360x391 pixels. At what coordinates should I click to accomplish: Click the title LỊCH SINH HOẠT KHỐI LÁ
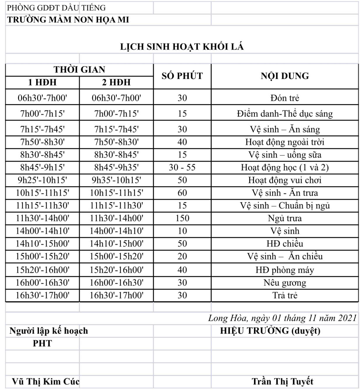click(x=182, y=47)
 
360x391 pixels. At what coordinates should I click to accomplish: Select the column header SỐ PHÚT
click(x=182, y=76)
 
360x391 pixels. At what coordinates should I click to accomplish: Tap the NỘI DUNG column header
click(x=285, y=76)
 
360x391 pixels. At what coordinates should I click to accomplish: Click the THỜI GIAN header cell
click(x=79, y=70)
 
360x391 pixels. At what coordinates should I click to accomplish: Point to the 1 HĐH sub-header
click(x=42, y=82)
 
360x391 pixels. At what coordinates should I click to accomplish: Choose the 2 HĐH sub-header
click(x=116, y=82)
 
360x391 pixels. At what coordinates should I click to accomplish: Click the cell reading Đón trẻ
click(x=285, y=98)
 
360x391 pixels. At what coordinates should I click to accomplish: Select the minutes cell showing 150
click(x=182, y=218)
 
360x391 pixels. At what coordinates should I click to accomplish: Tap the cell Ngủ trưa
click(x=285, y=218)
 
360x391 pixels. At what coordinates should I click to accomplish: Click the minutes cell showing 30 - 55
click(x=182, y=167)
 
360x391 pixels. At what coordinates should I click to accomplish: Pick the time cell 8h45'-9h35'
click(x=116, y=167)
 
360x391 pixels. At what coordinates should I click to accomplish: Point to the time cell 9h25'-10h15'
click(x=42, y=180)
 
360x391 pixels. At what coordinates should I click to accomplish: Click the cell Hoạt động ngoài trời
click(x=285, y=142)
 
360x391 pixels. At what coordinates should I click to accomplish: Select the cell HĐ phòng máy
click(x=285, y=270)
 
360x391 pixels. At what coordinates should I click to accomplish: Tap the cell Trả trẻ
click(x=285, y=295)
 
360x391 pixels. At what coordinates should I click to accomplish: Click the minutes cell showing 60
click(x=182, y=193)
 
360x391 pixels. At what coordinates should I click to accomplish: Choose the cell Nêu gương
click(x=285, y=283)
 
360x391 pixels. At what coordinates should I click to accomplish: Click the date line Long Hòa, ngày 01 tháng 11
click(x=282, y=318)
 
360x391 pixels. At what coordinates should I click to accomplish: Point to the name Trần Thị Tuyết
click(x=282, y=381)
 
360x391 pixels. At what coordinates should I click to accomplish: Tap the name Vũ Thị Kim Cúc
click(x=46, y=381)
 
